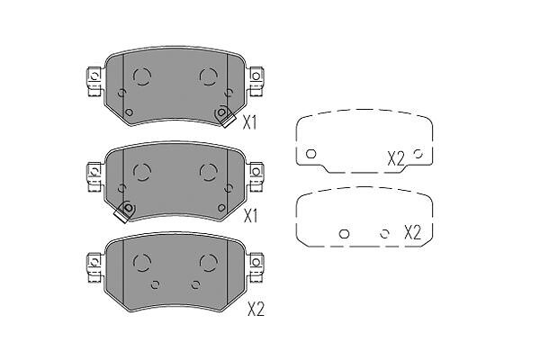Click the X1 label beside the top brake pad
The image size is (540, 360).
249,122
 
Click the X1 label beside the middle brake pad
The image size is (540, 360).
250,216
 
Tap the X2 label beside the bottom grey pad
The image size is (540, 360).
256,310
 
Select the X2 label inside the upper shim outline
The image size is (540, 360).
396,158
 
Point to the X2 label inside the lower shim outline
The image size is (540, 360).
412,232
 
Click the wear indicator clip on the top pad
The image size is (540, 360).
225,116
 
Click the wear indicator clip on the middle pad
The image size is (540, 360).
124,211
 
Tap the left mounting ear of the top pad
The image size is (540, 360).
94,82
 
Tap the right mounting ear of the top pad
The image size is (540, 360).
256,82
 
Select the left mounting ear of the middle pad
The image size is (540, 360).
94,177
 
